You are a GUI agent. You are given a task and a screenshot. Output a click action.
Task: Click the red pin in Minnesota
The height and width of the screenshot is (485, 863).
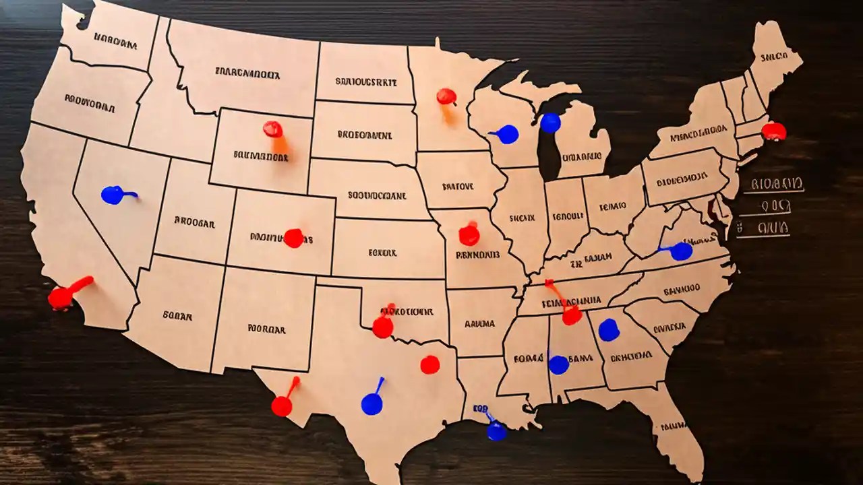click(x=446, y=96)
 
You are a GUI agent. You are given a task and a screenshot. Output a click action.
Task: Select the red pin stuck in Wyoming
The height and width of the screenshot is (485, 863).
click(x=273, y=129)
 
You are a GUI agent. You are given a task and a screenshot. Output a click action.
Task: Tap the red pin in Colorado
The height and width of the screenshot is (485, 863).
click(x=293, y=238)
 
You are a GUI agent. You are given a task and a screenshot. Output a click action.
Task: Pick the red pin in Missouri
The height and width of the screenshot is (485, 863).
click(x=469, y=235)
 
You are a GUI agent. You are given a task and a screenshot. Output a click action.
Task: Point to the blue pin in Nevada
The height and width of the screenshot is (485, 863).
click(x=112, y=195)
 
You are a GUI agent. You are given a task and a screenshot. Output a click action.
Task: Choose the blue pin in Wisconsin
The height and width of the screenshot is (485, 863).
click(x=508, y=134)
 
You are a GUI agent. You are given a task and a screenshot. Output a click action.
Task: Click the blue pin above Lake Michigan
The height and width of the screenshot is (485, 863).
click(x=550, y=123)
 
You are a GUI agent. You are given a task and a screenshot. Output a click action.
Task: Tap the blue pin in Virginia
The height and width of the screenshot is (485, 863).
click(x=681, y=251)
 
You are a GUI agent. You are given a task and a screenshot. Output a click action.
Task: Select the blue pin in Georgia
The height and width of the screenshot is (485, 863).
click(x=609, y=330)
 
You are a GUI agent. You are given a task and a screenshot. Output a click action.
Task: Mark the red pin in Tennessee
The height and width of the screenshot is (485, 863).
click(x=572, y=315)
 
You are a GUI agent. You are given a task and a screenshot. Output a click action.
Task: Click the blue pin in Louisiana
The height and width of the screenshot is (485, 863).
click(x=496, y=431)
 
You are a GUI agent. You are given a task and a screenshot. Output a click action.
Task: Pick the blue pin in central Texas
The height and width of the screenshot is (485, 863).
click(x=371, y=404)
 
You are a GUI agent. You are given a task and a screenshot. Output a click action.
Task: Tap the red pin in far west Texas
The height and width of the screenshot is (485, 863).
click(x=282, y=406)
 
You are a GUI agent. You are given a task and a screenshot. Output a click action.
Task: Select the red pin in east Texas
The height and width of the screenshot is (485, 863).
click(x=429, y=364)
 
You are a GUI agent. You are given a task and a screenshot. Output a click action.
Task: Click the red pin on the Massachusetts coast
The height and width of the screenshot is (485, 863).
click(x=774, y=131)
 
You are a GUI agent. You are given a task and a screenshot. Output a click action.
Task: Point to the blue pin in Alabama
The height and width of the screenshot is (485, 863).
click(x=558, y=364)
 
